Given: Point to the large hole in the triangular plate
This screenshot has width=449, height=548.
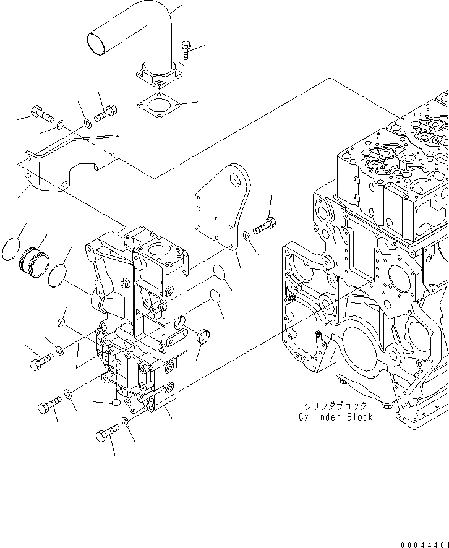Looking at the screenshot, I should tap(235, 179).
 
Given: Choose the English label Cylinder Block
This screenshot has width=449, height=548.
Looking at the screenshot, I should tap(335, 417).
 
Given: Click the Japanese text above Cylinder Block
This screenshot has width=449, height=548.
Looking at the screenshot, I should tap(335, 406).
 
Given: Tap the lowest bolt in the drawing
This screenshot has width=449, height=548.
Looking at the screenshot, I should tap(106, 434).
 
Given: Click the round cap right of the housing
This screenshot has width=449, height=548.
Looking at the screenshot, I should tap(203, 338).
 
